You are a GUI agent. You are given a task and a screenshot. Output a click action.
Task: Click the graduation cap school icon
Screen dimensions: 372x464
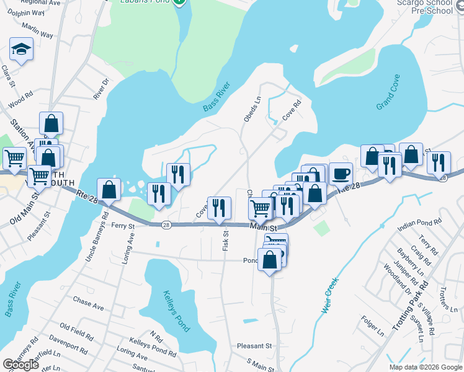point(22,50)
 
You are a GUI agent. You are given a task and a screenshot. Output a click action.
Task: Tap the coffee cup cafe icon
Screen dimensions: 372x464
point(341,174)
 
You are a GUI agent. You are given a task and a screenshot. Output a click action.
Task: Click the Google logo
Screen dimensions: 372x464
point(20,365)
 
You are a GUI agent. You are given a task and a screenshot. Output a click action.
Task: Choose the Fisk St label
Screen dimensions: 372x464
point(226,241)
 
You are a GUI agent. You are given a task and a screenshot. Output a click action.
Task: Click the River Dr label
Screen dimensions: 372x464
point(100,89)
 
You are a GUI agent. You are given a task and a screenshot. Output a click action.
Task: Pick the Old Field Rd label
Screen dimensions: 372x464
point(76,330)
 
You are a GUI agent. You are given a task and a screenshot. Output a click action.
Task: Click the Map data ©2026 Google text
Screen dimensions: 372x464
point(425,367)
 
